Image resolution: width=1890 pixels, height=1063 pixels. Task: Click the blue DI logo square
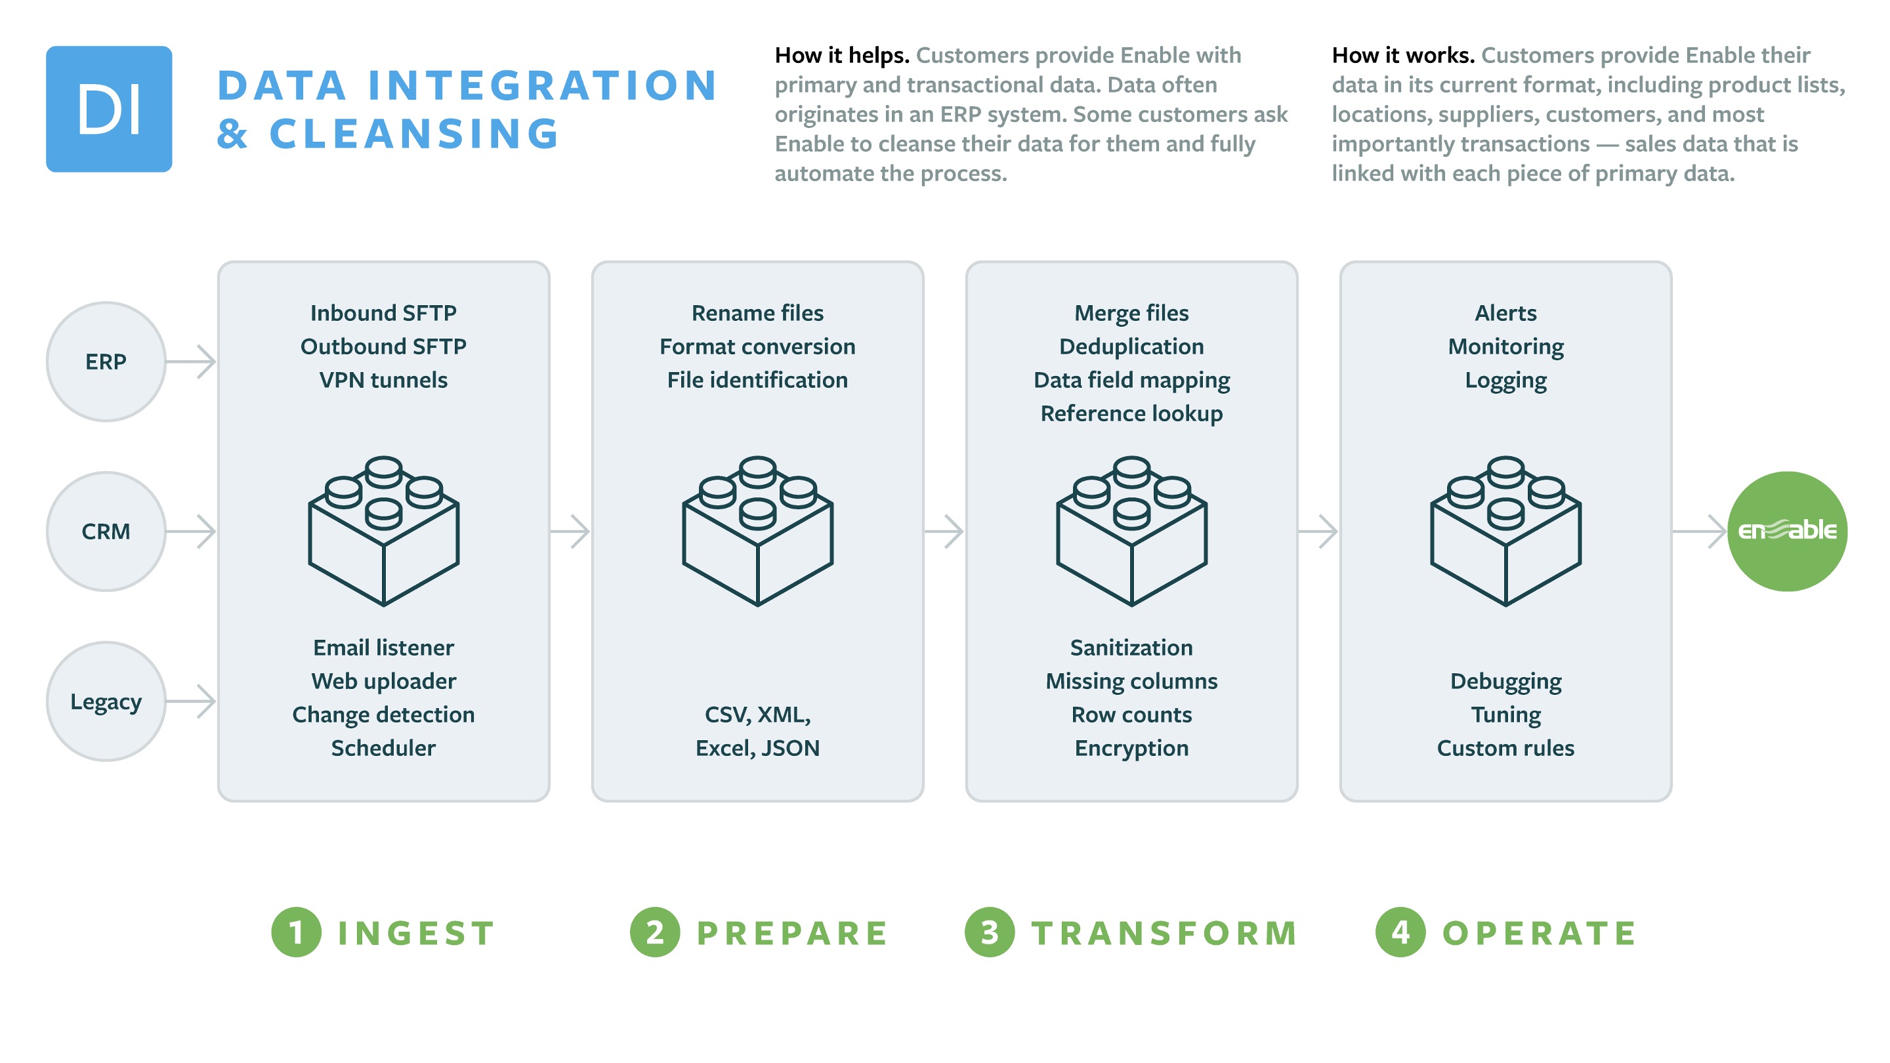[x=108, y=108]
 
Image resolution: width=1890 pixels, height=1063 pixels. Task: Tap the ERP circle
[x=106, y=361]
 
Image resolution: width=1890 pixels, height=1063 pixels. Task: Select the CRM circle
[x=106, y=531]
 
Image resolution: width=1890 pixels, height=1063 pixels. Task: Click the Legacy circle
[x=106, y=701]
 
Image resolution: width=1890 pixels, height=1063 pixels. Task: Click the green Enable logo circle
[x=1787, y=531]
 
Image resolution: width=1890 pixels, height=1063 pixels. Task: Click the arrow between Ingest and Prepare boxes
[x=571, y=531]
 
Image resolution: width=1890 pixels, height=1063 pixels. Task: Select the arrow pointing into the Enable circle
[x=1699, y=531]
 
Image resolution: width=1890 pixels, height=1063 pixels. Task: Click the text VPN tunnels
[x=383, y=380]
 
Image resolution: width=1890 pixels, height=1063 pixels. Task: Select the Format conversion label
[x=757, y=346]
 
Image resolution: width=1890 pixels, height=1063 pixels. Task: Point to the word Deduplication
[x=1131, y=346]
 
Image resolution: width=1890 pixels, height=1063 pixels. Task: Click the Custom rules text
[x=1505, y=747]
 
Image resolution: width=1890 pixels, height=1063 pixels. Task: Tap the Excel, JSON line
[x=757, y=747]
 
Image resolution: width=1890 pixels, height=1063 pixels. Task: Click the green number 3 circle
[x=990, y=932]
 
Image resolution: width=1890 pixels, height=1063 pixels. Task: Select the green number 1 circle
[x=297, y=932]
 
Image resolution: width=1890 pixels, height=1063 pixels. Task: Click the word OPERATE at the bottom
[x=1540, y=933]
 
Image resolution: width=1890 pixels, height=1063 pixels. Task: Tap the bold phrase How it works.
[x=1403, y=55]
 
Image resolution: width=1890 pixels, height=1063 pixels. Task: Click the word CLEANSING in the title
[x=415, y=133]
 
